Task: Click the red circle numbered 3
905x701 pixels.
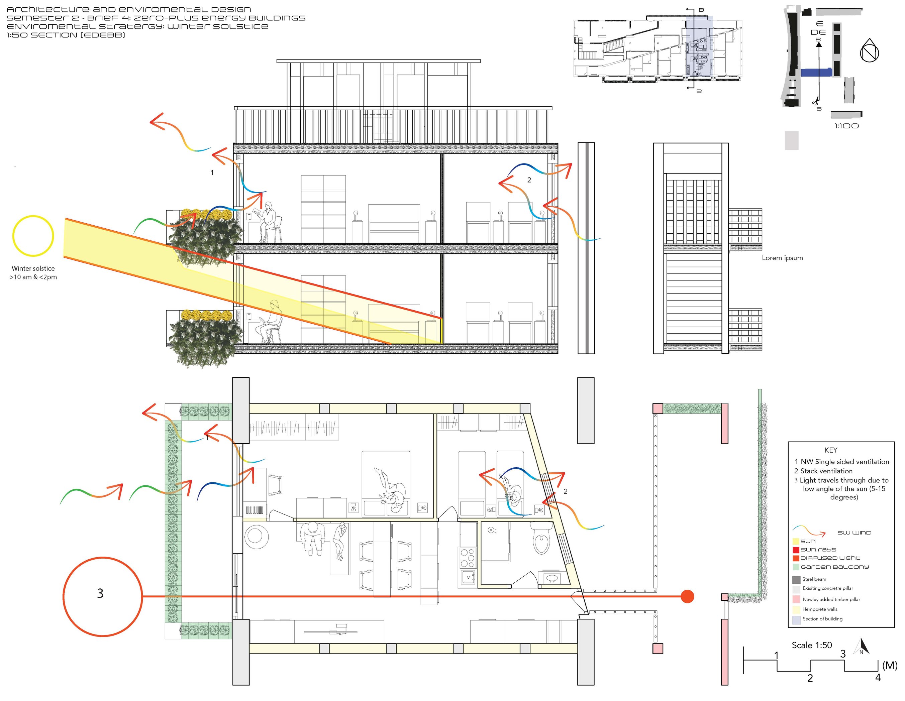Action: [102, 558]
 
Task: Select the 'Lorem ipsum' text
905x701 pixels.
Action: [782, 258]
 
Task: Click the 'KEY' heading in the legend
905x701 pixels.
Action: [831, 450]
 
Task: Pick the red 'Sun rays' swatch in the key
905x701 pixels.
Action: [796, 550]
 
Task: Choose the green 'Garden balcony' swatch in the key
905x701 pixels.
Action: [796, 567]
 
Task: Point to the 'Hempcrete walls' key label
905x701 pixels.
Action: [820, 609]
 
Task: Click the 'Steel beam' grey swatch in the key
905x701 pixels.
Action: [796, 580]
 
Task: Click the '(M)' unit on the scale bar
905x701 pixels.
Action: [890, 665]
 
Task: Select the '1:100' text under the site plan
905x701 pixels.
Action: [846, 126]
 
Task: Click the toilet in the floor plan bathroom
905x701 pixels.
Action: [541, 538]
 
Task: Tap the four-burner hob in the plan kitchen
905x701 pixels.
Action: [468, 558]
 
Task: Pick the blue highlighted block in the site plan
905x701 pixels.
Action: [816, 73]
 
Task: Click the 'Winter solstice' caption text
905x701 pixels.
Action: [33, 268]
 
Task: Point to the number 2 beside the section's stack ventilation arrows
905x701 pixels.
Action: [529, 180]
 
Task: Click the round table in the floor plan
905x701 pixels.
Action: [257, 537]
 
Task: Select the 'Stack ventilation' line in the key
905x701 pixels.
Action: [823, 471]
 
